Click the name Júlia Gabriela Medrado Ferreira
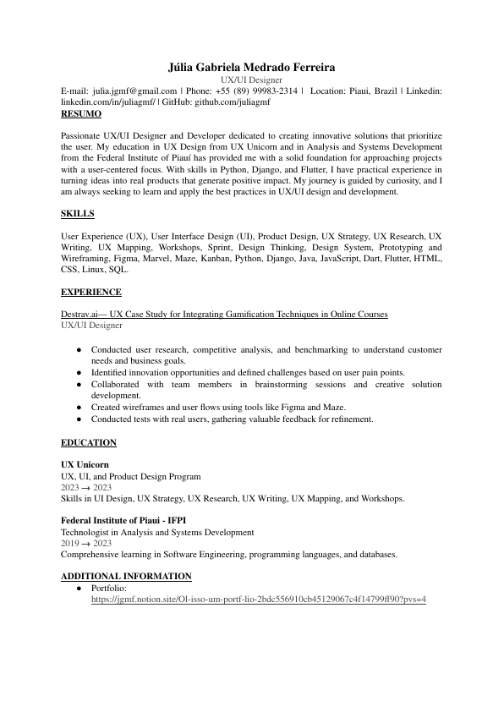click(251, 67)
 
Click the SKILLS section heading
click(78, 214)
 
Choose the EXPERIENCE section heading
click(91, 293)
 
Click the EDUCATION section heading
click(89, 443)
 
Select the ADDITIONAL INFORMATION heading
click(127, 577)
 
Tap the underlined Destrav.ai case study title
click(224, 315)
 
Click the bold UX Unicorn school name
click(85, 465)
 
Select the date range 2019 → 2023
click(86, 544)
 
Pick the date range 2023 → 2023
click(86, 488)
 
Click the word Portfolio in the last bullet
click(108, 588)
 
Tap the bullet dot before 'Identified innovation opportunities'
click(79, 373)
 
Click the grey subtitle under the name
click(251, 79)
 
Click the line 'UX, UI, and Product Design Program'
click(131, 477)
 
